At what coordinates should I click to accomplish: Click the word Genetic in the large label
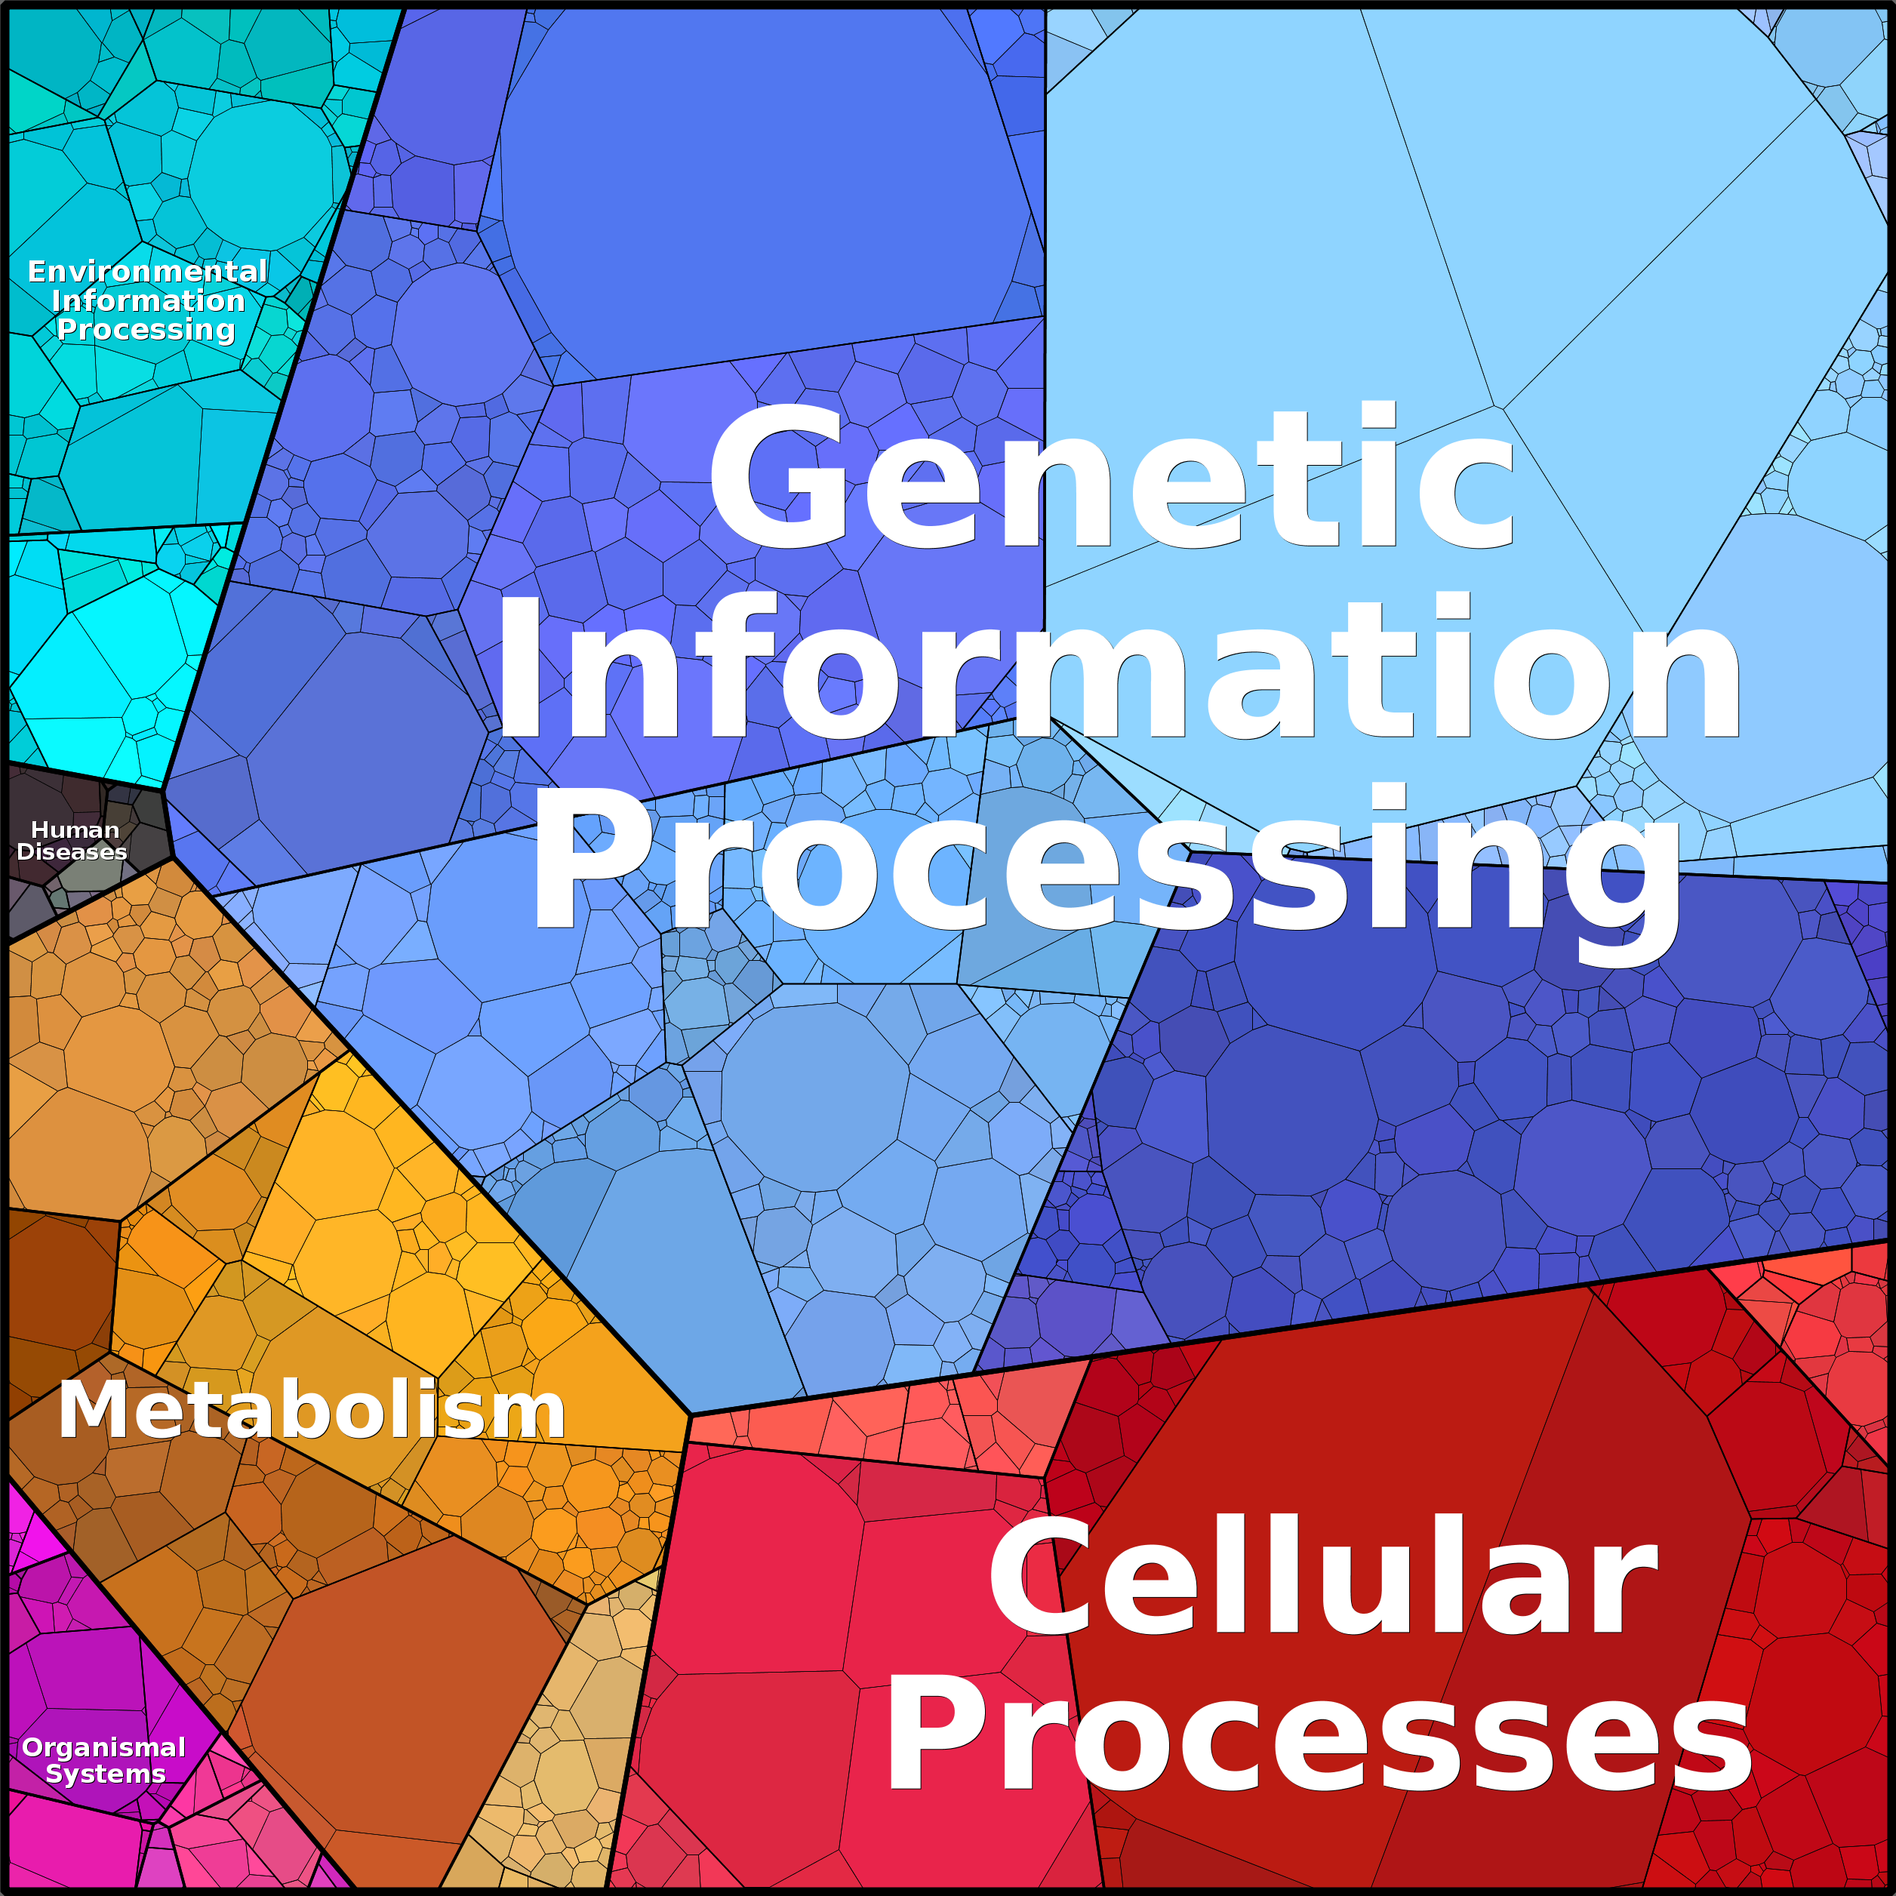tap(1112, 476)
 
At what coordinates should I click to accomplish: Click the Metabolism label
tap(312, 1410)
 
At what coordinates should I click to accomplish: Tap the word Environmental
tap(147, 271)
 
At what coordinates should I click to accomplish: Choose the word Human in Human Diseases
tap(75, 830)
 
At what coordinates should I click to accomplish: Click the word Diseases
tap(72, 852)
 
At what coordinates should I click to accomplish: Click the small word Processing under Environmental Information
tap(146, 330)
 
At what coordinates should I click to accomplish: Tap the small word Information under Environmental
tap(148, 300)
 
